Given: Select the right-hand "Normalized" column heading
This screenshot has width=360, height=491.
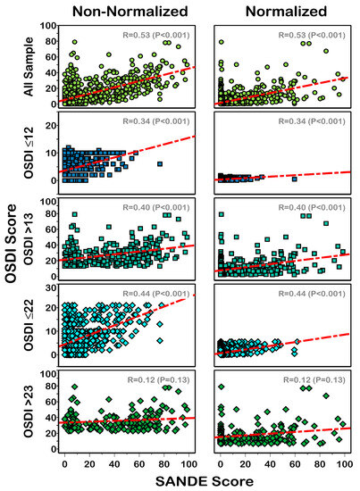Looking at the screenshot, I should coord(283,11).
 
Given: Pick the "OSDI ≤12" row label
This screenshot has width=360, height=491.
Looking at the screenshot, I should coord(29,147).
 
